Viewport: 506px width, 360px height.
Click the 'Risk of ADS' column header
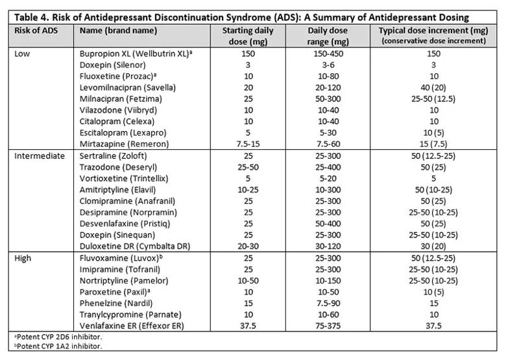(x=36, y=30)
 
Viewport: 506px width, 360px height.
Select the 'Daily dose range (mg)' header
(x=328, y=36)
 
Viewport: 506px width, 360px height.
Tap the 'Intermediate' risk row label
(x=40, y=156)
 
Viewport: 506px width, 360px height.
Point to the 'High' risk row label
(x=23, y=258)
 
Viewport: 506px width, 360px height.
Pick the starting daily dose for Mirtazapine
(x=248, y=144)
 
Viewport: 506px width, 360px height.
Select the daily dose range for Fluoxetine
(x=328, y=76)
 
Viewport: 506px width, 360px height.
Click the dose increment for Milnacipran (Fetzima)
(x=433, y=99)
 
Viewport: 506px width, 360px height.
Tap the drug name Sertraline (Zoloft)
(x=113, y=156)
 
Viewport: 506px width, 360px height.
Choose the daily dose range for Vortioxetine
(x=328, y=178)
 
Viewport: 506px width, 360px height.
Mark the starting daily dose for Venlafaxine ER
(x=248, y=326)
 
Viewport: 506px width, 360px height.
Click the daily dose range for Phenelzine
(x=328, y=303)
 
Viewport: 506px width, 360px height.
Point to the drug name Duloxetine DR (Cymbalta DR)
(x=135, y=246)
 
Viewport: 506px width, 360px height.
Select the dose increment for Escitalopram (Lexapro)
(x=433, y=132)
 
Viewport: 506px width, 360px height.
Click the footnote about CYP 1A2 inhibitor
(x=58, y=346)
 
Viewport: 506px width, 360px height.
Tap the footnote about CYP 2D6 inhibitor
(x=58, y=337)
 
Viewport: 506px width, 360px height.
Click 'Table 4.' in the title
(x=32, y=17)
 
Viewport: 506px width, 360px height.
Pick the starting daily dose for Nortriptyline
(x=248, y=281)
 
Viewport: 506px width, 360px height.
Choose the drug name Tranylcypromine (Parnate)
(x=130, y=315)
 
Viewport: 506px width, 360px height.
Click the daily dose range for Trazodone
(x=328, y=167)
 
